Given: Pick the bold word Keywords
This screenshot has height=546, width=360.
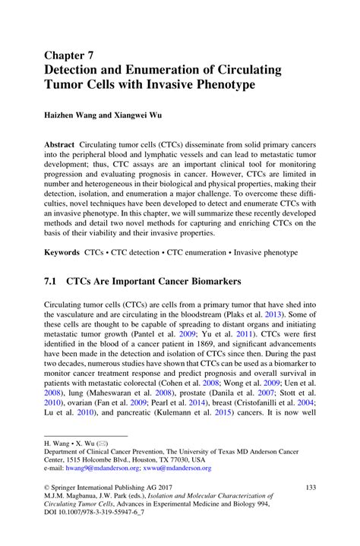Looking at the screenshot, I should point(62,251).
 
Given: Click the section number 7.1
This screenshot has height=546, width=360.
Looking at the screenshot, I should point(52,281).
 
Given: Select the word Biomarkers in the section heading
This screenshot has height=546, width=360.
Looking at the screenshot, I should point(207,281).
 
